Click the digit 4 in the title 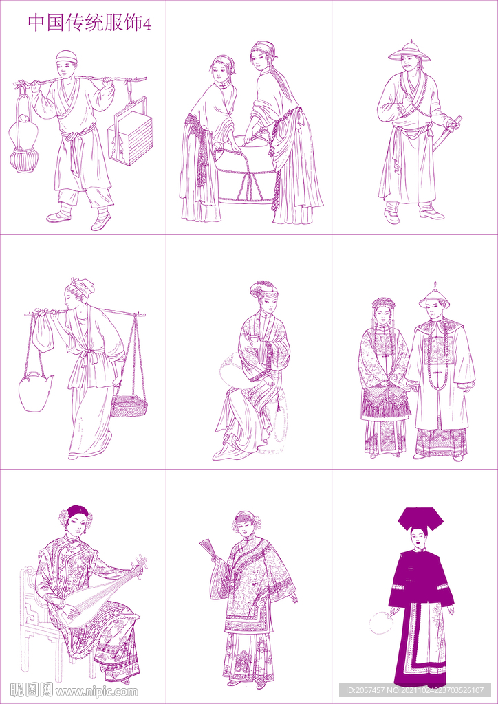coord(147,23)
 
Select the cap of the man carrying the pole coord(66,56)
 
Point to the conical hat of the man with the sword coord(408,51)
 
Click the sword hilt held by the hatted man coord(453,124)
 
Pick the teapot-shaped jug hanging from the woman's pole coord(34,391)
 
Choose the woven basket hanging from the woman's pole coord(129,406)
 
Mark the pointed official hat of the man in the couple coord(434,296)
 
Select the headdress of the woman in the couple coord(383,303)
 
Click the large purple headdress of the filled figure coord(420,518)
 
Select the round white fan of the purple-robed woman coord(380,621)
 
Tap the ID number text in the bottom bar coord(416,690)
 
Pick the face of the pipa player coord(77,525)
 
